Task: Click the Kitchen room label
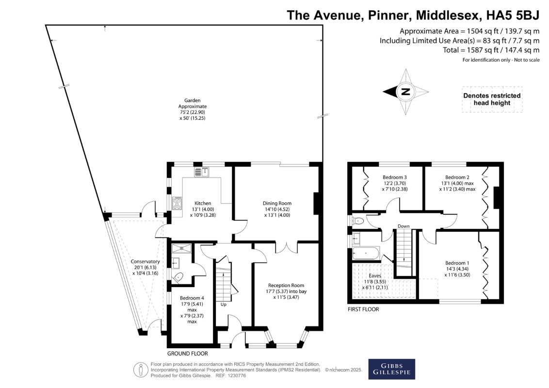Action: tap(203, 203)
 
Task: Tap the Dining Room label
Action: tap(277, 203)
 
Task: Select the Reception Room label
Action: tap(286, 285)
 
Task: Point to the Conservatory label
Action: tap(145, 261)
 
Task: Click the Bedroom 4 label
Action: tap(192, 298)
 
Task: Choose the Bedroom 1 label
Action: tap(457, 263)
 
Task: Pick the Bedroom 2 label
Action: tap(457, 177)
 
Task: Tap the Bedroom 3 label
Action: tap(395, 177)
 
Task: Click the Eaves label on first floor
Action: tap(375, 276)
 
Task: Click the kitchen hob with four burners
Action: tap(177, 203)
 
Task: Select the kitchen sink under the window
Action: tap(202, 172)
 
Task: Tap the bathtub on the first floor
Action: tap(366, 253)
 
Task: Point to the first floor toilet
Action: tap(358, 221)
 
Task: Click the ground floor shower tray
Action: tap(182, 248)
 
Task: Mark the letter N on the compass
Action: tap(405, 92)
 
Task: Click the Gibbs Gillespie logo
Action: tap(391, 369)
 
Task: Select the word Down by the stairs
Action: tap(404, 226)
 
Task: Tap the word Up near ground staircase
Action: tap(224, 305)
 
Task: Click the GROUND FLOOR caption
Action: tap(187, 354)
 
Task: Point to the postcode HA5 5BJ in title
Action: tap(516, 16)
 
